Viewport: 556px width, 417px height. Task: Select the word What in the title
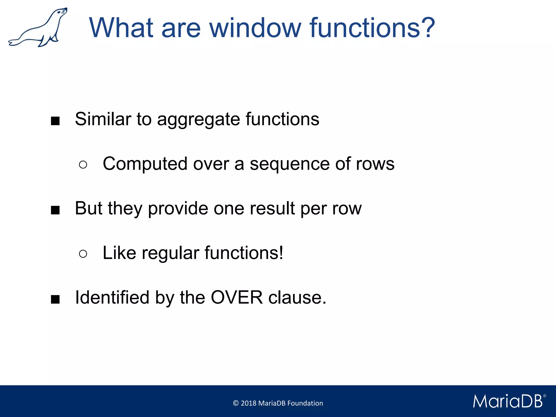[121, 28]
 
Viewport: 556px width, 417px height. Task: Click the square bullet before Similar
[55, 121]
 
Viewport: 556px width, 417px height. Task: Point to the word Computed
[145, 164]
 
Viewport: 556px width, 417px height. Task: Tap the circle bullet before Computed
[83, 165]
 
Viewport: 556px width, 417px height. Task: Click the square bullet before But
[55, 210]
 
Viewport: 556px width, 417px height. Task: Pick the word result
[272, 208]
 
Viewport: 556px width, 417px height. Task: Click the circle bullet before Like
[83, 254]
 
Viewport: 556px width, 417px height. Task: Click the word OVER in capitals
[237, 297]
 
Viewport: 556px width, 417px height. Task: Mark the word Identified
[112, 297]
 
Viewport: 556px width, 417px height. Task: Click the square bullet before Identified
[55, 299]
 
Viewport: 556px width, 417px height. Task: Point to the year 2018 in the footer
[248, 403]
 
